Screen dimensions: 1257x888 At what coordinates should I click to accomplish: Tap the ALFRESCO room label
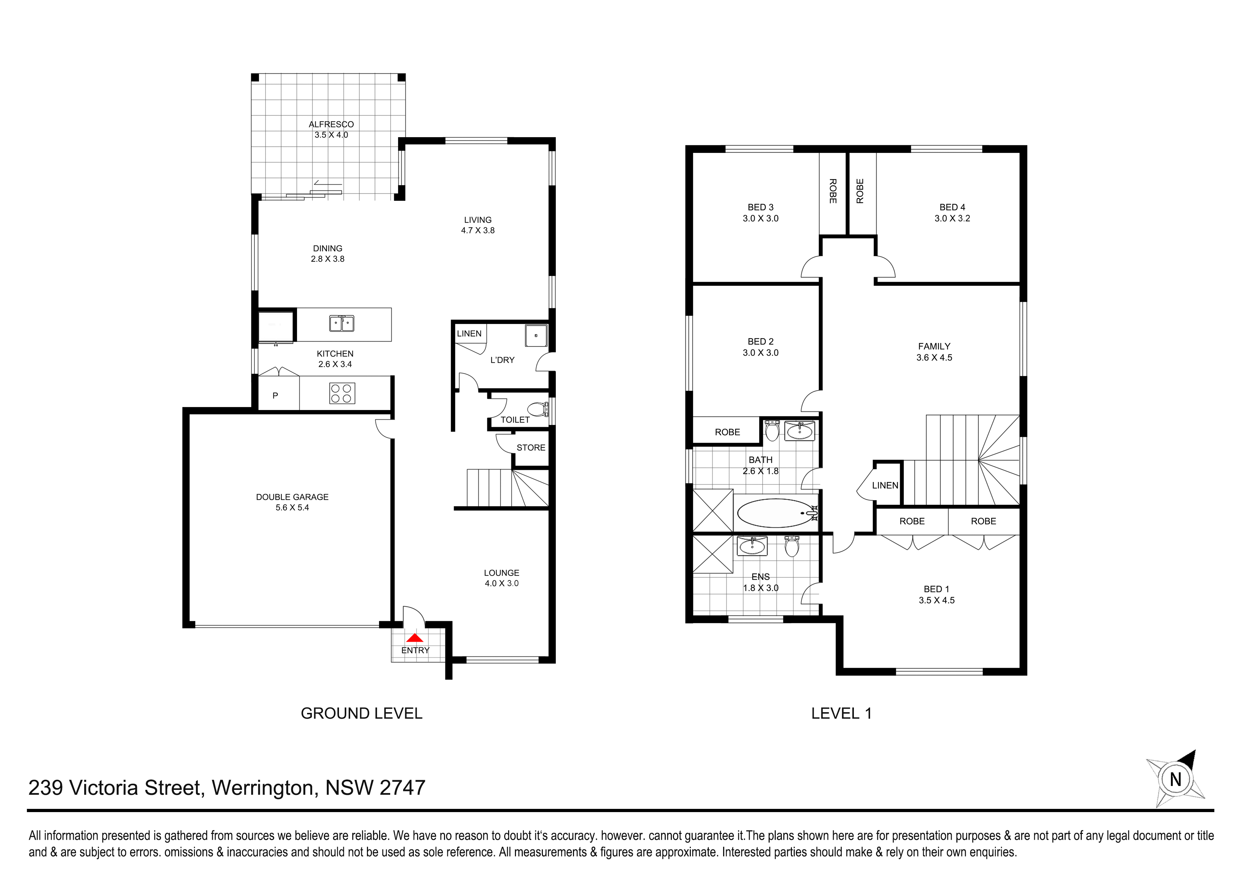331,124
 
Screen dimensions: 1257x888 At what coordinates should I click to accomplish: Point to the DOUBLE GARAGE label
292,497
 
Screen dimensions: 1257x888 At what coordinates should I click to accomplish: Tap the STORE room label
531,448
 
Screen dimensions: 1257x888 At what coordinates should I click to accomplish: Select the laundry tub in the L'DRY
536,336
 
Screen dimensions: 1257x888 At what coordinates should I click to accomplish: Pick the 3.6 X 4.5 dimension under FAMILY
934,358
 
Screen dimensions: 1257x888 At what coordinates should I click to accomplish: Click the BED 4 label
952,207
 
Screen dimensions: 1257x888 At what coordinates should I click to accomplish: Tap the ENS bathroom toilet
792,546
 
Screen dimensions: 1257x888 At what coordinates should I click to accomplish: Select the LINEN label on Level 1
885,485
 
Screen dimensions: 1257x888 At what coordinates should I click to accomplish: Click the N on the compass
1175,779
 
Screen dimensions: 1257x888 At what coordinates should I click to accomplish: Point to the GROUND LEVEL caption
361,714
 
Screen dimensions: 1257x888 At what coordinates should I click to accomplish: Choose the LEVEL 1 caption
841,714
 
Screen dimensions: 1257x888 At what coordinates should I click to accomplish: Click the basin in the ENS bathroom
752,545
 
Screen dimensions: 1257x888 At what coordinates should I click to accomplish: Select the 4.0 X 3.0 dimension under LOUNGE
502,583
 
